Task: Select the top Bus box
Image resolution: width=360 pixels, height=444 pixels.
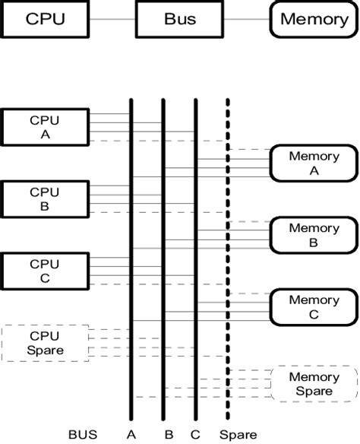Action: pyautogui.click(x=179, y=18)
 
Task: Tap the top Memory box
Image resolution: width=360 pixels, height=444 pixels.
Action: pyautogui.click(x=314, y=18)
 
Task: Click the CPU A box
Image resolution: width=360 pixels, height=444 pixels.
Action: pyautogui.click(x=44, y=127)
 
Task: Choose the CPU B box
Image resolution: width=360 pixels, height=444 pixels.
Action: pyautogui.click(x=44, y=198)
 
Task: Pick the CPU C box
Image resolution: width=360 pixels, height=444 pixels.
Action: pyautogui.click(x=44, y=271)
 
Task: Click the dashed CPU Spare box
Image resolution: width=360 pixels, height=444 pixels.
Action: pyautogui.click(x=44, y=343)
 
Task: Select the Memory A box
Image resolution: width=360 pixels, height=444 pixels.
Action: pyautogui.click(x=314, y=163)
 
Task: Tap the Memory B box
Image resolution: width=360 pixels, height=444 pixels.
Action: pyautogui.click(x=314, y=235)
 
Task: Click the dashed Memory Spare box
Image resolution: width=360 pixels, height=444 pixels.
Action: pyautogui.click(x=314, y=384)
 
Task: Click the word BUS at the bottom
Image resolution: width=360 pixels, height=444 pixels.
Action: pyautogui.click(x=82, y=435)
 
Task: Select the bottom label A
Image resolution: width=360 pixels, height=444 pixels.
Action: pyautogui.click(x=131, y=435)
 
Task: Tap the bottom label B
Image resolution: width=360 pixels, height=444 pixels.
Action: pyautogui.click(x=168, y=435)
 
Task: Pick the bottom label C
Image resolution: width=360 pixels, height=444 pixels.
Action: pyautogui.click(x=195, y=435)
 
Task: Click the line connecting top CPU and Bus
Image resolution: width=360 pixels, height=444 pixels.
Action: pyautogui.click(x=112, y=18)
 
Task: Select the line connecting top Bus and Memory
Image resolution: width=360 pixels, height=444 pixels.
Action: pyautogui.click(x=246, y=18)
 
